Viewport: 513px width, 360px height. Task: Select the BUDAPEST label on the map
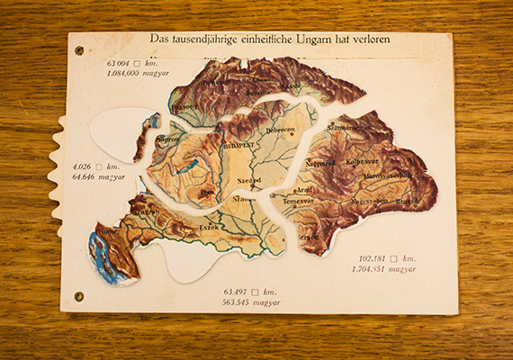click(x=238, y=145)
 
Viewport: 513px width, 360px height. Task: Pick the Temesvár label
click(x=298, y=202)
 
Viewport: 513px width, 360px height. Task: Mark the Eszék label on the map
click(x=209, y=227)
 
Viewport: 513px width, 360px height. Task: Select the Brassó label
click(x=408, y=202)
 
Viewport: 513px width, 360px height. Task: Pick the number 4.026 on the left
click(x=83, y=166)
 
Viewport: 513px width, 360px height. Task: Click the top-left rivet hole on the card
click(x=78, y=50)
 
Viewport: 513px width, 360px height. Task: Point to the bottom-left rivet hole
click(x=78, y=296)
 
